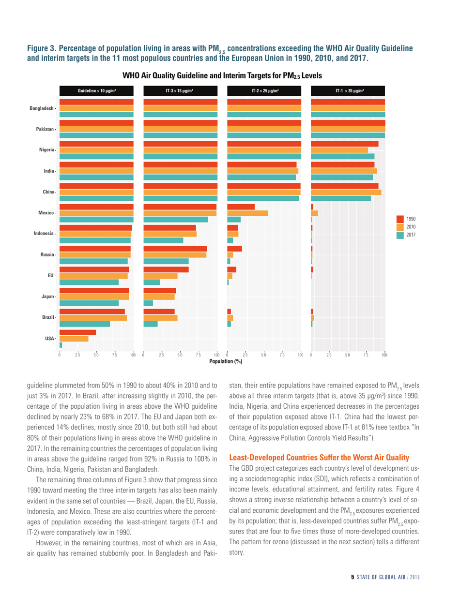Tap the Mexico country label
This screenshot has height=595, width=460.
47,213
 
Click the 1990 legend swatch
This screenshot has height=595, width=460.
400,219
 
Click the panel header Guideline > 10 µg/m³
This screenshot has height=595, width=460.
96,91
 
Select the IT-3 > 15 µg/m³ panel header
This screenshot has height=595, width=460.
180,91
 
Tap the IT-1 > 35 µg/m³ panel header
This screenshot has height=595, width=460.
348,91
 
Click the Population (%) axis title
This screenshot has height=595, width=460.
225,361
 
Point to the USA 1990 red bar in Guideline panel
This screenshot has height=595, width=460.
77,332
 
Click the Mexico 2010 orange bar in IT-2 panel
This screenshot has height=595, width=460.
247,213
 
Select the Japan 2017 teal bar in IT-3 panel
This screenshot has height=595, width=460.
148,303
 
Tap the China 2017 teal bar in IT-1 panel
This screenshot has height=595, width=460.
341,198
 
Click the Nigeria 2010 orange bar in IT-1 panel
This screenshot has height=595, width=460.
339,150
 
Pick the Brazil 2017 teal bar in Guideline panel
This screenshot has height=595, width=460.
85,324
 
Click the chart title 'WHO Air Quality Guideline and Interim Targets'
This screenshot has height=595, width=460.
226,76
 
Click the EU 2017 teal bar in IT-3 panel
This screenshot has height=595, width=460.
152,282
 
